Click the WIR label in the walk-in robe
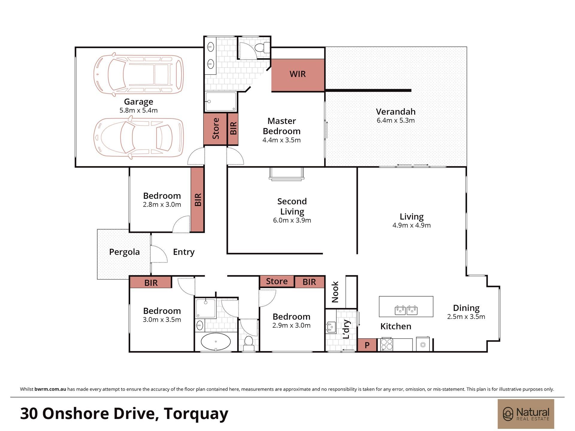(297, 74)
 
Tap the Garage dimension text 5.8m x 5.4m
(138, 110)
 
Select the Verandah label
(396, 112)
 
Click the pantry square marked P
(367, 345)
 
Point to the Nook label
(335, 292)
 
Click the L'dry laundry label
(346, 329)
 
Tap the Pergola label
(124, 252)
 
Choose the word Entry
(184, 252)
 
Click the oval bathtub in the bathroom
(216, 342)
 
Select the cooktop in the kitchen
(386, 345)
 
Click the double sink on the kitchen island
(406, 310)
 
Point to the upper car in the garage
(138, 75)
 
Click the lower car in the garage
(138, 137)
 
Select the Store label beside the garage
(216, 129)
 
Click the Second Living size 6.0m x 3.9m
(292, 220)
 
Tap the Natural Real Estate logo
(526, 414)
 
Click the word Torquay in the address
(196, 413)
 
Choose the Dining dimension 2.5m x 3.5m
(466, 317)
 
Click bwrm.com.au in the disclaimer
(50, 389)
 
